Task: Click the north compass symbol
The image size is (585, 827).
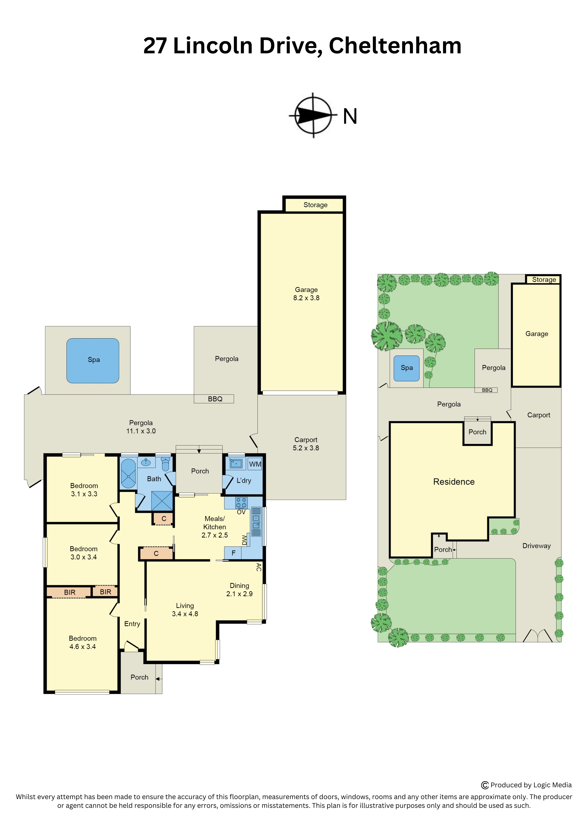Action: click(313, 115)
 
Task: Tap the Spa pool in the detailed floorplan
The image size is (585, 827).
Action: click(93, 361)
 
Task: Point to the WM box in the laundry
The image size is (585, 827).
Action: click(255, 464)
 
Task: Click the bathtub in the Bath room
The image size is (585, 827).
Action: click(128, 473)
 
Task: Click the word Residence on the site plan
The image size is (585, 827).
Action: click(454, 482)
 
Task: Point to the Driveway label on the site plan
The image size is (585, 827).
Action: click(536, 546)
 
